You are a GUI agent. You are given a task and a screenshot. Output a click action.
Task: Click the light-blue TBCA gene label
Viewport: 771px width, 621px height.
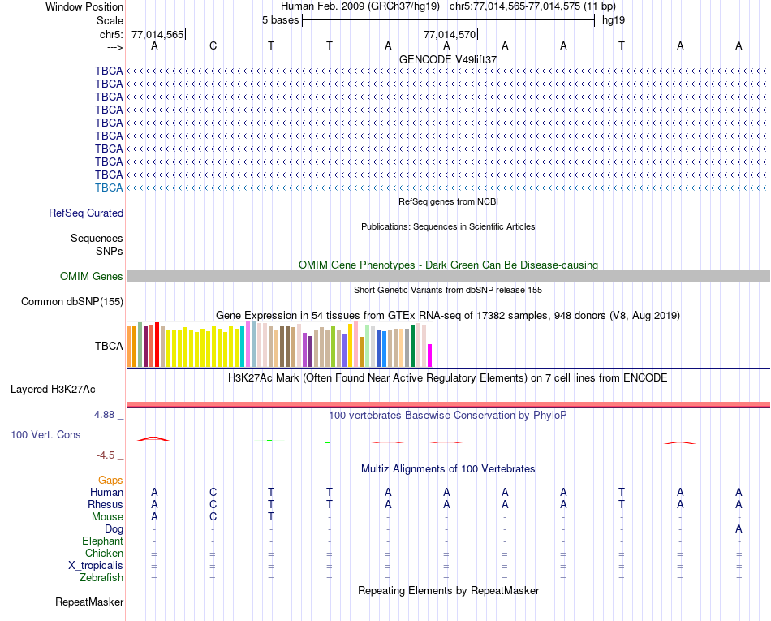tap(109, 188)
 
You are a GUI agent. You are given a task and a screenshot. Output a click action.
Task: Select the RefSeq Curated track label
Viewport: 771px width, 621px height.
tap(86, 213)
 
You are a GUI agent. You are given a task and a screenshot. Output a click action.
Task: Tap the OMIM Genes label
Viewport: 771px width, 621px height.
tap(92, 277)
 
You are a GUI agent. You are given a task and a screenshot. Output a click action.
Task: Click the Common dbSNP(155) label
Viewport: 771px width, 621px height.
tap(71, 302)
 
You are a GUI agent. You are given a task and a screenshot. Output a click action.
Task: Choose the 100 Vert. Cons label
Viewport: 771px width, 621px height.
tap(45, 435)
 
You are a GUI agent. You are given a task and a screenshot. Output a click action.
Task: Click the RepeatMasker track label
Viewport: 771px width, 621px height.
tap(89, 602)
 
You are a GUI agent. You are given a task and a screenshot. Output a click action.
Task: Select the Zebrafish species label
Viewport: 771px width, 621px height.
tap(101, 578)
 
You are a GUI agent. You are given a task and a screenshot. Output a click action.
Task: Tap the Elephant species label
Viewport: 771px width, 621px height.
tap(102, 541)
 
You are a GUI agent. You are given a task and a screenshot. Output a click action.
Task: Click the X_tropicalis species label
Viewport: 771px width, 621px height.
tap(96, 566)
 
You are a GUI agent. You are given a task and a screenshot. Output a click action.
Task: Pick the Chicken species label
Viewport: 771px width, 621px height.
tap(104, 554)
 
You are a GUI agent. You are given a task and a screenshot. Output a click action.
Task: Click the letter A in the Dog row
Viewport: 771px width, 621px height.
tap(739, 529)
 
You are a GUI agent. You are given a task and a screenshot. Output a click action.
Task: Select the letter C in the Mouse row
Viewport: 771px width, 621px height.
tap(213, 517)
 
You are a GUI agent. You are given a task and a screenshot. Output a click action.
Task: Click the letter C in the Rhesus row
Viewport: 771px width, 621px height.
tap(213, 505)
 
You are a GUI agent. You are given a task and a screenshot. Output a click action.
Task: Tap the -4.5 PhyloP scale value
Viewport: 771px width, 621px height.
tap(108, 455)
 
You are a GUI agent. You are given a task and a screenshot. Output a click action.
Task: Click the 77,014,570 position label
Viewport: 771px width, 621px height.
tap(449, 35)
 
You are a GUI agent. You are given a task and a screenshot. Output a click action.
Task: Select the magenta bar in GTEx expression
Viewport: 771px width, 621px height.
tap(430, 356)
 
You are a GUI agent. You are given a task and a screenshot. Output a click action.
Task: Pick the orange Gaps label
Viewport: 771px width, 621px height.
tap(110, 481)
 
